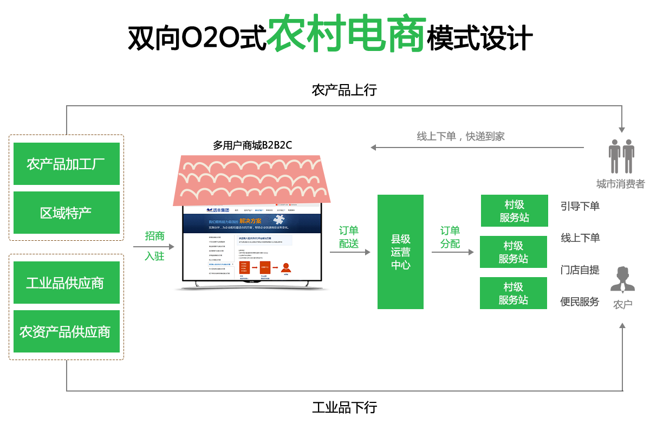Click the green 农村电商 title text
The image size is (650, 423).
(x=347, y=34)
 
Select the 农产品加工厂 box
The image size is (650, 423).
(x=66, y=164)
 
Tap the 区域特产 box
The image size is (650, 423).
(x=66, y=213)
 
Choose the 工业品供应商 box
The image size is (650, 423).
(x=66, y=283)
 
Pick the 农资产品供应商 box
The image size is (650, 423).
(x=66, y=331)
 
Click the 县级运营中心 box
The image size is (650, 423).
(x=400, y=252)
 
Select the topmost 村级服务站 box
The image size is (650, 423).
(x=514, y=211)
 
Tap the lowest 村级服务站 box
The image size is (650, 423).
(x=513, y=293)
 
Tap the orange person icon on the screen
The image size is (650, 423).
(x=285, y=267)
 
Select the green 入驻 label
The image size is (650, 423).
(x=154, y=256)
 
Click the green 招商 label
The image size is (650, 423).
(x=154, y=235)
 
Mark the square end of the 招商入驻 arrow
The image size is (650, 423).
(x=171, y=247)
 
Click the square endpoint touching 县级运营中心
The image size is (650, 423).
(x=367, y=252)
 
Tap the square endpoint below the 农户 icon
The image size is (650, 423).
(x=622, y=325)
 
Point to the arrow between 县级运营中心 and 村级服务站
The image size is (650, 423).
(x=451, y=252)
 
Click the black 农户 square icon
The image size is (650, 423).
(x=622, y=280)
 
